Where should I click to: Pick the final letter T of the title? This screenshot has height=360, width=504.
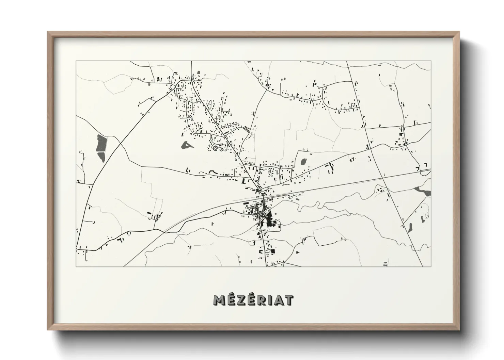tap(289, 300)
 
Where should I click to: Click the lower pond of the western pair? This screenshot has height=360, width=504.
tap(101, 156)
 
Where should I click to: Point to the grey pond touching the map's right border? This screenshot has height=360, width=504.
tap(423, 191)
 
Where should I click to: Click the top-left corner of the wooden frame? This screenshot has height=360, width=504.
tap(48, 32)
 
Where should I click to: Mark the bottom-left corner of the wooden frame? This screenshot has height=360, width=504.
tap(48, 330)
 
